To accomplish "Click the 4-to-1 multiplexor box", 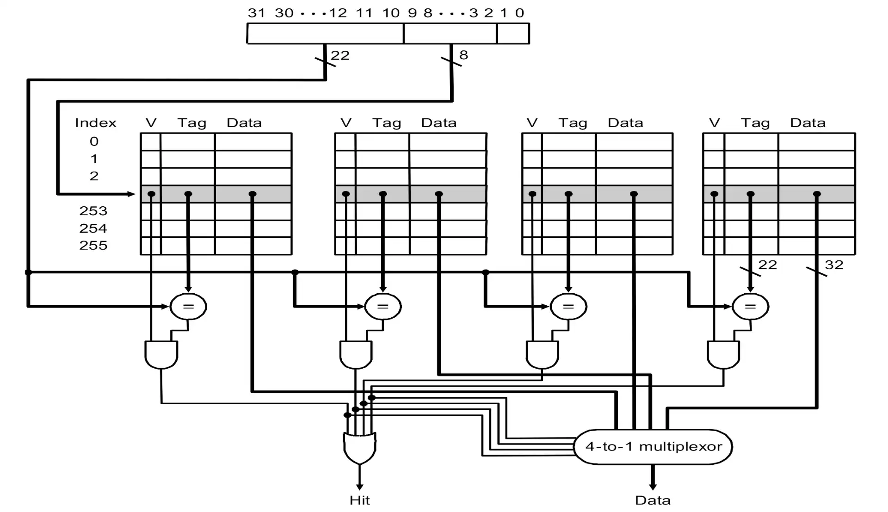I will pos(653,447).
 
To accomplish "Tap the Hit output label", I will pos(359,500).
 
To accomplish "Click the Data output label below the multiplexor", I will pos(653,500).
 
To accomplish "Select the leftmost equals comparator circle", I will pos(188,306).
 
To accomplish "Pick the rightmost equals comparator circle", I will pos(750,306).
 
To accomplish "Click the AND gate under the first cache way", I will pos(161,354).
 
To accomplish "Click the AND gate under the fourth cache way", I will pos(723,354).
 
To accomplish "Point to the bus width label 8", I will pos(463,56).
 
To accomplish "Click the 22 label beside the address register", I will pos(340,56).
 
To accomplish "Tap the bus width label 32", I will pos(834,265).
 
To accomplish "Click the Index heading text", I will pos(96,123).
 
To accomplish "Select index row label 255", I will pos(93,246).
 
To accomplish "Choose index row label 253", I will pos(93,211).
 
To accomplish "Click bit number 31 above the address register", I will pos(256,13).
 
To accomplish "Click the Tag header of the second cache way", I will pos(387,123).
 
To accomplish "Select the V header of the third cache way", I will pos(532,123).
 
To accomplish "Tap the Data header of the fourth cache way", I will pos(808,123).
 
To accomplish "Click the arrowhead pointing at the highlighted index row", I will pos(131,194).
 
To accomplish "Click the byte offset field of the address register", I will pos(513,34).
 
